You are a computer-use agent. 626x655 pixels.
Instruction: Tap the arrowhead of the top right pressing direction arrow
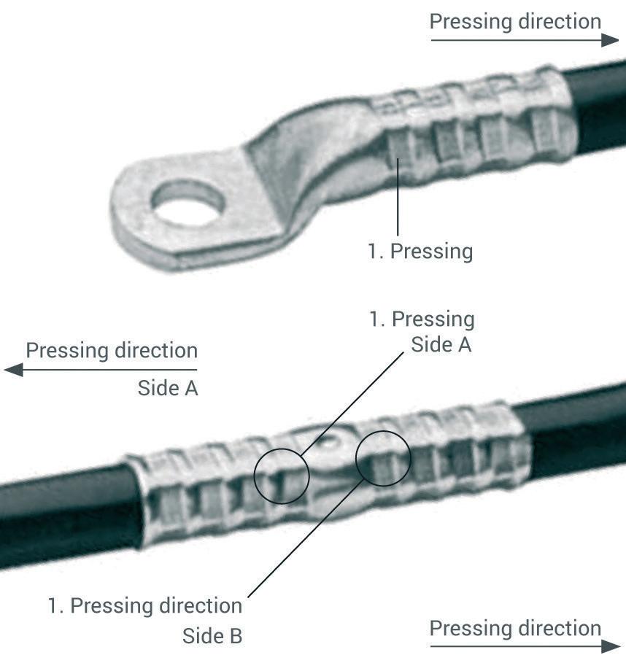click(x=611, y=39)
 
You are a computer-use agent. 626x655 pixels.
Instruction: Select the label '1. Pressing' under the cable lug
click(x=420, y=252)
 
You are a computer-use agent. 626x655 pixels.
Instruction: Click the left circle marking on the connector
click(x=282, y=476)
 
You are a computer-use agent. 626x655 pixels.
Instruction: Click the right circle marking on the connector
click(x=383, y=457)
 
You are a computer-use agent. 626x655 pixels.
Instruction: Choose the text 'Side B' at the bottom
click(x=212, y=636)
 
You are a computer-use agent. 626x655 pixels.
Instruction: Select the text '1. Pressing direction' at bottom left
click(x=145, y=606)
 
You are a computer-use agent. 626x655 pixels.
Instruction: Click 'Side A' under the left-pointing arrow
click(x=168, y=389)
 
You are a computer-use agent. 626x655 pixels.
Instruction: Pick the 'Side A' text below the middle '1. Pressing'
click(x=441, y=345)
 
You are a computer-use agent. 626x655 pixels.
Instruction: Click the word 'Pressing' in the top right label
click(x=471, y=21)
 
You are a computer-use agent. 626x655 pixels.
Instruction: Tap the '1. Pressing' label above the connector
click(x=422, y=319)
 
